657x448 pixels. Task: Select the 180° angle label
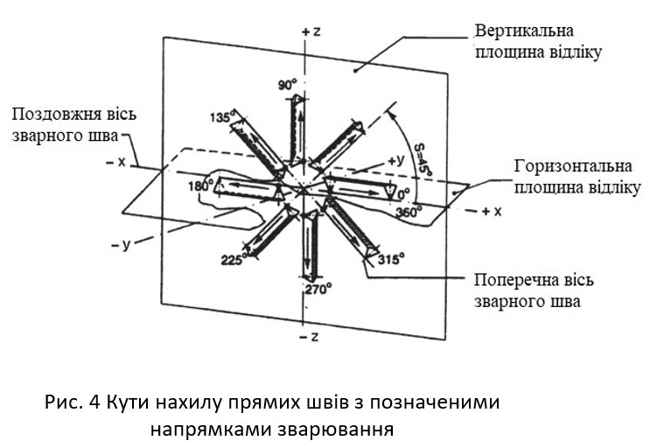[204, 186]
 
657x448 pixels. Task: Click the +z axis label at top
[312, 31]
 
